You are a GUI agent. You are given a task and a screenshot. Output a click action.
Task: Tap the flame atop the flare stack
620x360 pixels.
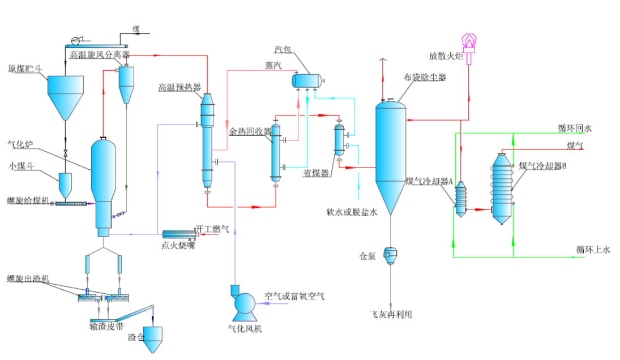pos(469,41)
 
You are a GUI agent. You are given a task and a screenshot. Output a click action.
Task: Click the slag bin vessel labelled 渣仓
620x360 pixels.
pos(153,338)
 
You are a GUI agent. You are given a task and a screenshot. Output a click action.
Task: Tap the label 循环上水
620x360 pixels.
pos(593,250)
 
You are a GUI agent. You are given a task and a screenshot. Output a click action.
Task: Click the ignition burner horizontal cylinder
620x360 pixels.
pos(178,234)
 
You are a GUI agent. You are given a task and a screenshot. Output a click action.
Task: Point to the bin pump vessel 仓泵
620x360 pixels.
pos(390,255)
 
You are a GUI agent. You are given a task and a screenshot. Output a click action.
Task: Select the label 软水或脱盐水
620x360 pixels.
pos(352,212)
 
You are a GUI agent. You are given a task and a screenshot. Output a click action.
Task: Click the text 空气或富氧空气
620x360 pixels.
pos(294,296)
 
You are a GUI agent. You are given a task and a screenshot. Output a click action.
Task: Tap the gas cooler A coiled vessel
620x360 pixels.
pos(461,199)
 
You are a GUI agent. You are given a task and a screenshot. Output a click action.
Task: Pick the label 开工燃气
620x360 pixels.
pos(212,229)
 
